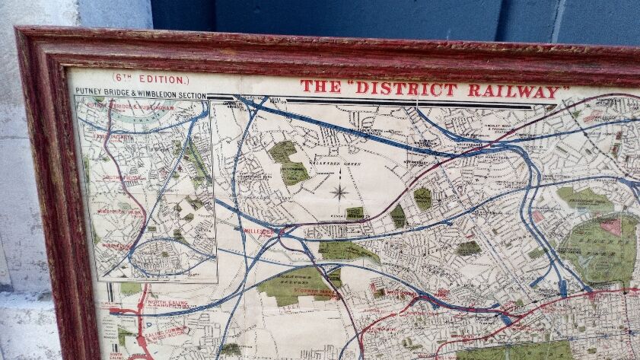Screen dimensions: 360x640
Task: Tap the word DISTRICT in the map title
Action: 406,88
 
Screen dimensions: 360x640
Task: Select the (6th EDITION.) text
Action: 149,78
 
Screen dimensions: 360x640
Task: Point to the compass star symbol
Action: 339,191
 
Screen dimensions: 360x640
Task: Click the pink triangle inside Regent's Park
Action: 611,226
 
